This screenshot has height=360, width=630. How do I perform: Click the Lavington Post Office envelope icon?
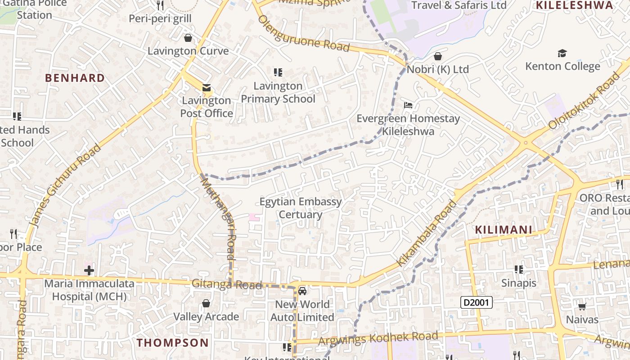[207, 88]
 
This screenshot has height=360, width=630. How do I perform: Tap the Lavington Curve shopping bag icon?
[188, 38]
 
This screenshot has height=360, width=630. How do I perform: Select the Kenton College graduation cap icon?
[562, 54]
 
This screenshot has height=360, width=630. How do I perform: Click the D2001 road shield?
[477, 302]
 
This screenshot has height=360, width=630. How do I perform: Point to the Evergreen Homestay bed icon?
[408, 106]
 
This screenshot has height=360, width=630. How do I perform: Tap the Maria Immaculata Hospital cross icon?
[89, 270]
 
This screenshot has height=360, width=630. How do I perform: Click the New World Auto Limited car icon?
[302, 291]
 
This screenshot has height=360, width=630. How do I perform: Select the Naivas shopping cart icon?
[582, 307]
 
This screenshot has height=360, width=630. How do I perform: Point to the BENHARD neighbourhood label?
[75, 78]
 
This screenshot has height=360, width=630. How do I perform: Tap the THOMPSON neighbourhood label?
[173, 342]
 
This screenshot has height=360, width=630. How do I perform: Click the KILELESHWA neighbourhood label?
[575, 5]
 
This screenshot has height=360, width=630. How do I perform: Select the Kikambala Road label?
[426, 234]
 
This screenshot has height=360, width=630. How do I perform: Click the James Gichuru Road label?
[65, 185]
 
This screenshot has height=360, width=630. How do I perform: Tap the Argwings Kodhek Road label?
[378, 338]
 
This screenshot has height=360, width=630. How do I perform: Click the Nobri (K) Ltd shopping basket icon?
[438, 57]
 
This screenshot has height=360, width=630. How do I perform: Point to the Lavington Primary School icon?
[278, 72]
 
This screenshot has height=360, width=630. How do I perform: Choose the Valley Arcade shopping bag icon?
[206, 304]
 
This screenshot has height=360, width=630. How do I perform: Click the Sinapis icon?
[519, 270]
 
